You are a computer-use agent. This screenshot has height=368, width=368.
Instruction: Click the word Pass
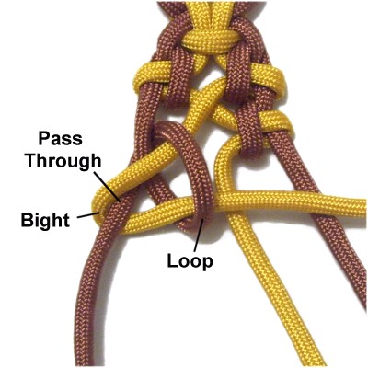coord(61,139)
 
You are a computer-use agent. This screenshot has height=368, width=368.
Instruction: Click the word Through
coord(63,160)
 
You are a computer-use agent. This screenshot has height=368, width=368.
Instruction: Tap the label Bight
coord(45,220)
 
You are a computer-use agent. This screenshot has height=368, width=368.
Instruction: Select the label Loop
coord(190,262)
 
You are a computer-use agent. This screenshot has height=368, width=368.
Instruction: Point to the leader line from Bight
coord(88,214)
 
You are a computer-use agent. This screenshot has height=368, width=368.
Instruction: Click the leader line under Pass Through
coord(107,187)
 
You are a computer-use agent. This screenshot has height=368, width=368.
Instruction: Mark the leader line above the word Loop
coord(199,235)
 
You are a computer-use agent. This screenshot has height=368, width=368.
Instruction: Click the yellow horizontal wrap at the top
coord(211,40)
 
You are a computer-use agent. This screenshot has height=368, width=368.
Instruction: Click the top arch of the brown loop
coord(172,127)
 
